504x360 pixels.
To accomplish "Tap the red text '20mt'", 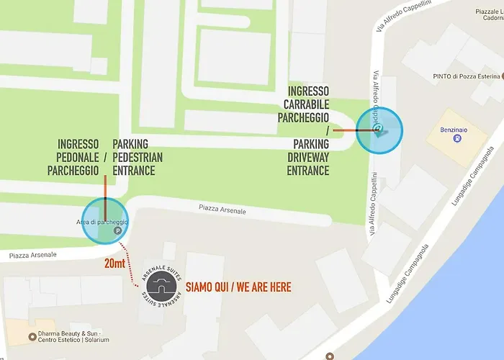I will (x=114, y=264).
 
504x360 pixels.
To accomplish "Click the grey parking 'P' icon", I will (x=117, y=232).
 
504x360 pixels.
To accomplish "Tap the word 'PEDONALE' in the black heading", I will (x=78, y=157).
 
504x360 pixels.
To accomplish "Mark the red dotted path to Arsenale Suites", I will (x=129, y=264).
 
